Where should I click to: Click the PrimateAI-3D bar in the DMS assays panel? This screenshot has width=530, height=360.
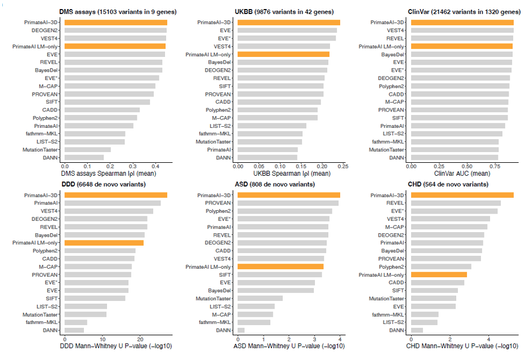(x=115, y=23)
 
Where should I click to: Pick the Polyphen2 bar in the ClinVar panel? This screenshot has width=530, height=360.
(x=460, y=86)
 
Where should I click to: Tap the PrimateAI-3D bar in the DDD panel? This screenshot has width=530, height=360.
(x=115, y=195)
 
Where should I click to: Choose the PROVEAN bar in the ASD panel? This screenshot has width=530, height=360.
(x=288, y=203)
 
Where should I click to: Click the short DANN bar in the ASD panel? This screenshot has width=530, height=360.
(x=241, y=330)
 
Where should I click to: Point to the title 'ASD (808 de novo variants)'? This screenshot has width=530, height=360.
(x=274, y=184)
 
